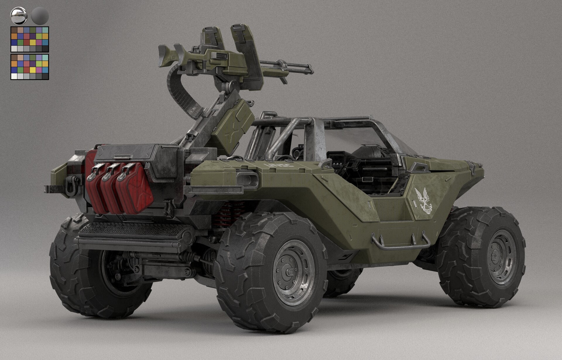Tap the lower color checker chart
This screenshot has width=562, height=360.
pos(30,67)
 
